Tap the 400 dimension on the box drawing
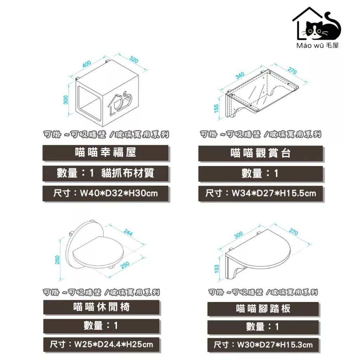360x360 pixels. [87, 64]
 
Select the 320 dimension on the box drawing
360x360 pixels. [134, 59]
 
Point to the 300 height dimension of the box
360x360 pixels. [66, 100]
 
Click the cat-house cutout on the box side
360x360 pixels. [120, 103]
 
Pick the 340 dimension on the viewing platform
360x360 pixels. [240, 75]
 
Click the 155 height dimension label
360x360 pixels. [216, 109]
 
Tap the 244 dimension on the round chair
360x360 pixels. [128, 233]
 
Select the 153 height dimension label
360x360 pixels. [217, 269]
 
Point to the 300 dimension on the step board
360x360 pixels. [239, 234]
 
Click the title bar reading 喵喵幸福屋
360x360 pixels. [105, 153]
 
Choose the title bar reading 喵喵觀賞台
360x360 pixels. [261, 153]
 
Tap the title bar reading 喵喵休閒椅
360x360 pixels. [102, 307]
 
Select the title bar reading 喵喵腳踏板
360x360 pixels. [263, 309]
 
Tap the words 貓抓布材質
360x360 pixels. [128, 173]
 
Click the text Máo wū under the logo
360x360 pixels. [310, 45]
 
